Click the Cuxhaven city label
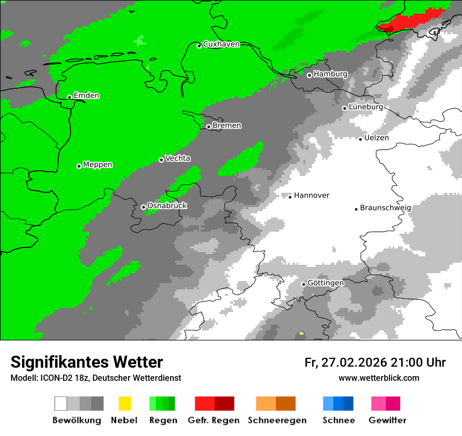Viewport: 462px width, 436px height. [x=221, y=44]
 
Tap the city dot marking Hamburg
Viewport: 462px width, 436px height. [x=309, y=75]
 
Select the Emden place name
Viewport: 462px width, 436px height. [x=86, y=96]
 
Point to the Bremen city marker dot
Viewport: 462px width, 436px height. [x=208, y=127]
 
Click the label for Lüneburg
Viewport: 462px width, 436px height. [x=365, y=107]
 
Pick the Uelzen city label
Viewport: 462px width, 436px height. [x=376, y=138]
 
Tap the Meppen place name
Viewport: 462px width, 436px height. [x=98, y=164]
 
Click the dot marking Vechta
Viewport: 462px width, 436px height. [x=161, y=160]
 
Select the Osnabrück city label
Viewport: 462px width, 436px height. [x=167, y=205]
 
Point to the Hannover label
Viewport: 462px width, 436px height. [x=311, y=195]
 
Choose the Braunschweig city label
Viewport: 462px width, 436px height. [x=385, y=207]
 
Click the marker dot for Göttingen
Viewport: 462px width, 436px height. [x=303, y=284]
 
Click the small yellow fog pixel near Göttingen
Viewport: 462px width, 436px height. [x=301, y=333]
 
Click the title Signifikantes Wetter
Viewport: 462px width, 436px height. [x=87, y=362]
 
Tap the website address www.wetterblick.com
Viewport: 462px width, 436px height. [x=379, y=378]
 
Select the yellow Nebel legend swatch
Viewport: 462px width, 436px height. [x=124, y=403]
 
